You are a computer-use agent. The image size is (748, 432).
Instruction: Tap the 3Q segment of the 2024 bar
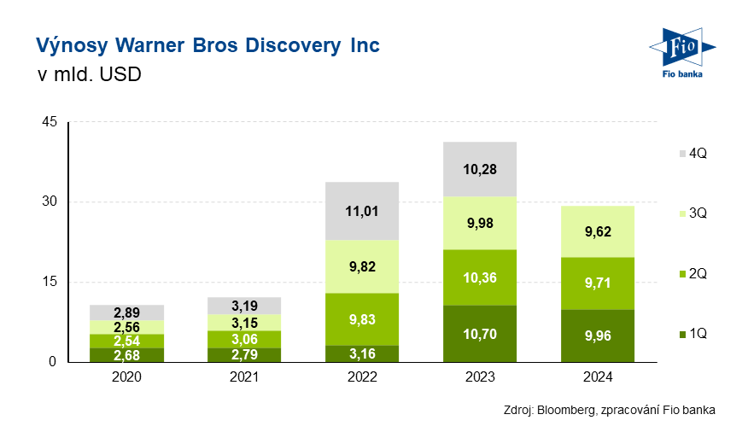coord(598,231)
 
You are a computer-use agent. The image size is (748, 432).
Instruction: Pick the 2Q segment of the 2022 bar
coord(363,318)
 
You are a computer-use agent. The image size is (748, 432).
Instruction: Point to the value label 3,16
coord(363,353)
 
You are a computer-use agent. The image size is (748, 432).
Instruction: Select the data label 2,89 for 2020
coord(127,312)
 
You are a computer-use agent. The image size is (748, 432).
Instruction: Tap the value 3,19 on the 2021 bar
coord(245,305)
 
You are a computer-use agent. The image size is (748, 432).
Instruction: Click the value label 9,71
coord(598,283)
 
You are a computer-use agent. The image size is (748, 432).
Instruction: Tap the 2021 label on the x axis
coord(245,377)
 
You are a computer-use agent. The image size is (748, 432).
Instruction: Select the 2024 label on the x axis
coord(598,377)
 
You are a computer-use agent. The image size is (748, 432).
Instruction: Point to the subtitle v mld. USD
coord(88,74)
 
